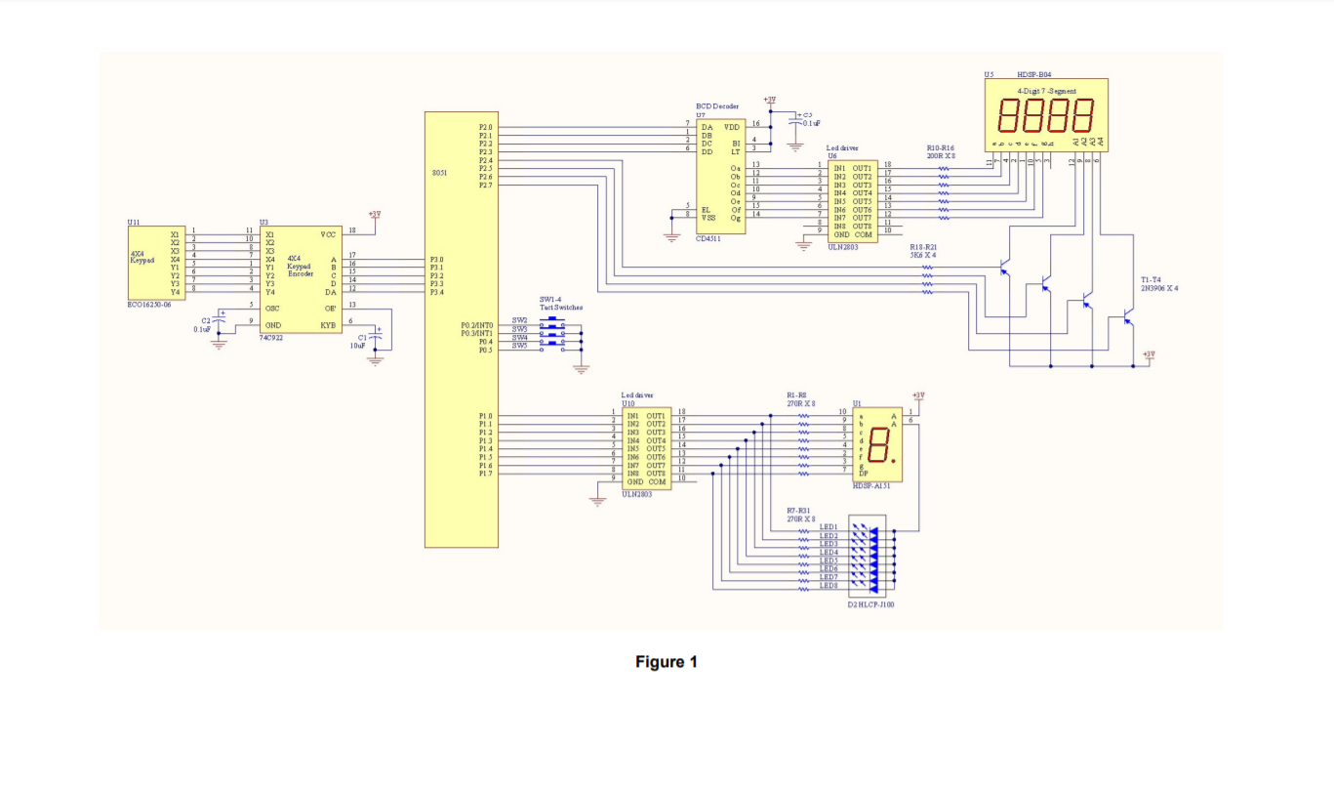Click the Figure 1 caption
pyautogui.click(x=667, y=662)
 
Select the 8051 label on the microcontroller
pyautogui.click(x=441, y=174)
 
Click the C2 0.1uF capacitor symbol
pyautogui.click(x=220, y=321)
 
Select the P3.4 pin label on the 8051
pyautogui.click(x=436, y=292)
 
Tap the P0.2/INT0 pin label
pyautogui.click(x=477, y=324)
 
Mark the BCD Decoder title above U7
pyautogui.click(x=717, y=105)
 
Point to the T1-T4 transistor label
pyautogui.click(x=1152, y=279)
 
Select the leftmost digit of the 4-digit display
pyautogui.click(x=1009, y=115)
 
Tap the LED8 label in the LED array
pyautogui.click(x=829, y=586)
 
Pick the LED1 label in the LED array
pyautogui.click(x=829, y=527)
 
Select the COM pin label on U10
pyautogui.click(x=657, y=482)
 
